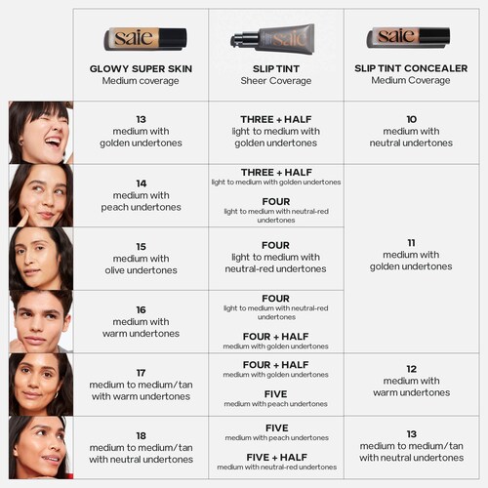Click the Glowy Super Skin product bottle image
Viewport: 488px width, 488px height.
point(145,39)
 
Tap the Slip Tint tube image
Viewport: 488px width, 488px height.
point(272,39)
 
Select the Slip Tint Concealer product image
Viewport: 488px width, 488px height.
point(408,37)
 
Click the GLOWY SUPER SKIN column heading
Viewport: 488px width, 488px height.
point(141,68)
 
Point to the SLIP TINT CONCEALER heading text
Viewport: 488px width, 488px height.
point(411,68)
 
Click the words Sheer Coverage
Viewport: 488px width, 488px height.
point(276,81)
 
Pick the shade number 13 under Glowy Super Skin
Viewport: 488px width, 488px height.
point(141,119)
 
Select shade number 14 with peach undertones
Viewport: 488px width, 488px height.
point(142,183)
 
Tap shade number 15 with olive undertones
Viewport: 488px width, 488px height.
point(141,247)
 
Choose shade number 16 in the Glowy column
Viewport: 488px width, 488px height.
point(141,309)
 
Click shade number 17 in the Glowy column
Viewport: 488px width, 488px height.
point(141,373)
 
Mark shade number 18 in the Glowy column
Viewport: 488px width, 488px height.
point(141,436)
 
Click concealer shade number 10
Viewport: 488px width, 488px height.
point(412,119)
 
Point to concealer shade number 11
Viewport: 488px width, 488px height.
point(411,243)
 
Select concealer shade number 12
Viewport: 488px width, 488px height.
point(412,369)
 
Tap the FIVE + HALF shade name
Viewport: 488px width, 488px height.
point(276,458)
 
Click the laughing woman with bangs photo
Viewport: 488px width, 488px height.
point(41,133)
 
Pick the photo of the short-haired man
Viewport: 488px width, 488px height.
point(41,321)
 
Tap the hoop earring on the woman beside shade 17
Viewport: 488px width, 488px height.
point(56,395)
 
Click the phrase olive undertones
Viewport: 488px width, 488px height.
point(141,270)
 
